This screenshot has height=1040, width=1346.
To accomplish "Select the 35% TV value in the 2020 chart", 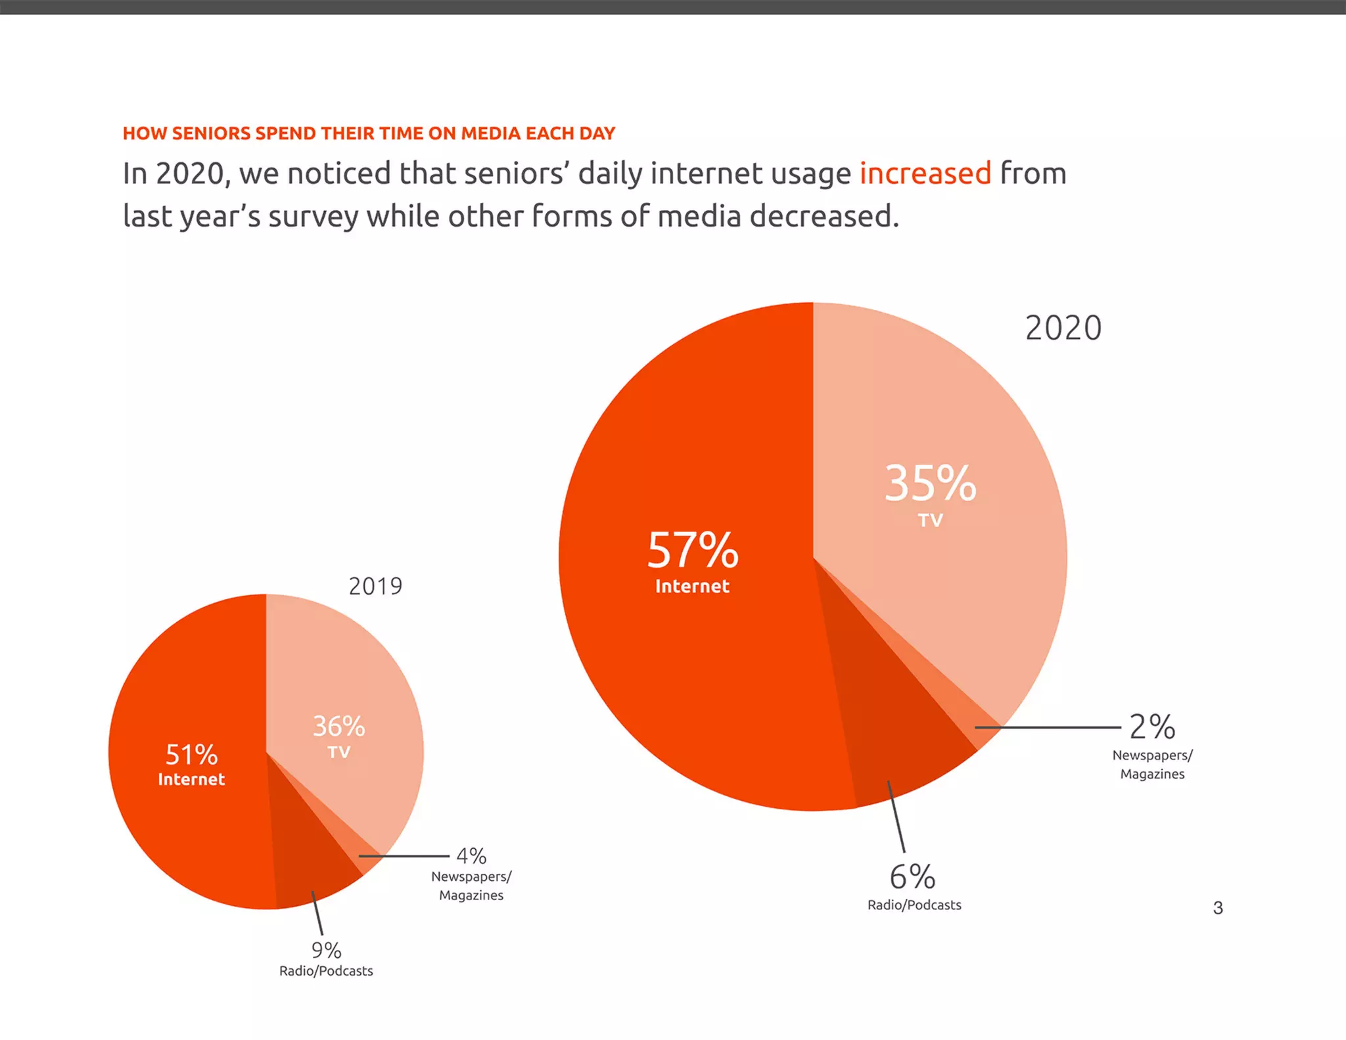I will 930,484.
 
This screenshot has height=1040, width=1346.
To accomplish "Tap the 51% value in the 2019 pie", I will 191,755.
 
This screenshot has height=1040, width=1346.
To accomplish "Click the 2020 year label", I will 1063,328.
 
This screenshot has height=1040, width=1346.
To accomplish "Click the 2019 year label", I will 375,586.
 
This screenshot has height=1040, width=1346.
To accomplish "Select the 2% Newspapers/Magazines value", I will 1152,727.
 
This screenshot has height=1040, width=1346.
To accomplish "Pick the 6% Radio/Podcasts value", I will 912,877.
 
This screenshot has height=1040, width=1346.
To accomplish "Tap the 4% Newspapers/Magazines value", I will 471,856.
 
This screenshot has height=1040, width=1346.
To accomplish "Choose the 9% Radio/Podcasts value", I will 326,951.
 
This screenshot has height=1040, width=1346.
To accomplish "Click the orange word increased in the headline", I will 925,173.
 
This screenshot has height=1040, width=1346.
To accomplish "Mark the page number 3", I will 1217,908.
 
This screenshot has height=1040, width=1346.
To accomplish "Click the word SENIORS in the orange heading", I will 211,133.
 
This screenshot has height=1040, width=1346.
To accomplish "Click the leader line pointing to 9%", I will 317,913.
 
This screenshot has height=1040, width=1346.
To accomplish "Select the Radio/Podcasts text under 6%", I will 914,905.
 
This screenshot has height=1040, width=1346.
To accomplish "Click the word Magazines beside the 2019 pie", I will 471,895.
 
